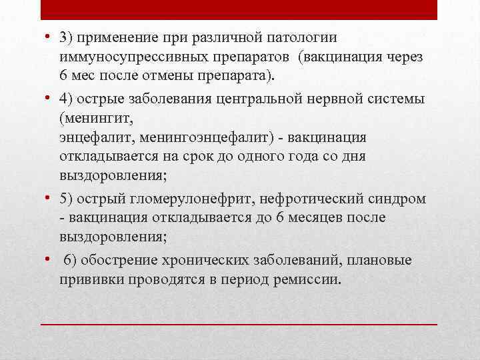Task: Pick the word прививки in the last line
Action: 88,279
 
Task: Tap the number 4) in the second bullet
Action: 66,100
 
